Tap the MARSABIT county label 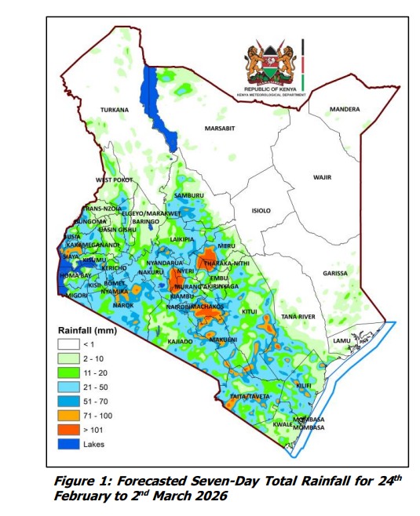tap(220, 128)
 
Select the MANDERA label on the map tap(345, 109)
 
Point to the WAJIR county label tap(322, 177)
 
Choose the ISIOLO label tap(260, 211)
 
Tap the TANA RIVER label tap(298, 316)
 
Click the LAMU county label tap(342, 340)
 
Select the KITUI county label tap(249, 311)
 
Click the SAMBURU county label tap(188, 194)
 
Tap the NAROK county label tap(123, 303)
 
